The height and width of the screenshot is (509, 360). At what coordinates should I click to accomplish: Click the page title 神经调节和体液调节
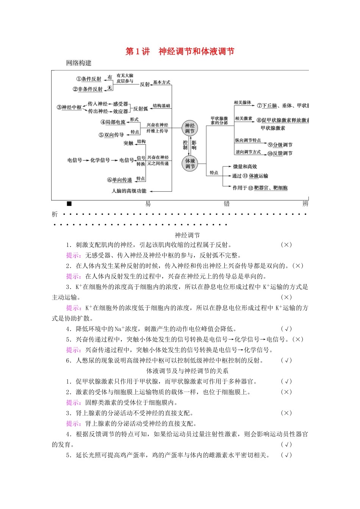click(x=196, y=52)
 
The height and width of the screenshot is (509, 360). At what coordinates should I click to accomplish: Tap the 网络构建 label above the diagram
click(x=79, y=63)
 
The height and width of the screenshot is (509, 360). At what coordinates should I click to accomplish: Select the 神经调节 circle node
click(x=189, y=128)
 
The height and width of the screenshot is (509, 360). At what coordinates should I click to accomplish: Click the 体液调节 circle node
click(x=190, y=164)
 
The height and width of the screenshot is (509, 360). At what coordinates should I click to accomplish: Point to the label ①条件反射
click(x=89, y=79)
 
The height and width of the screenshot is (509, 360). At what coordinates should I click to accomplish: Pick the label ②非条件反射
click(x=88, y=89)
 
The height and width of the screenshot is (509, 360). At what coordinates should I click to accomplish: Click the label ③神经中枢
click(x=69, y=108)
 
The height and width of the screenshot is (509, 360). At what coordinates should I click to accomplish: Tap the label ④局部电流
click(x=113, y=122)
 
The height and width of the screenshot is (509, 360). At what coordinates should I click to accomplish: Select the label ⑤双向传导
click(x=111, y=135)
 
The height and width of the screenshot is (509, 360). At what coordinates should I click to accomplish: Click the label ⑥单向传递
click(x=120, y=180)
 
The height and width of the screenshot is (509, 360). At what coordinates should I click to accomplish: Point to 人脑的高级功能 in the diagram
click(x=129, y=191)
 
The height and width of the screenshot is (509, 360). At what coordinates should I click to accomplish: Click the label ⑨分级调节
click(x=280, y=145)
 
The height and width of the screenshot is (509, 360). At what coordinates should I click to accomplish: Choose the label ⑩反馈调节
click(x=280, y=153)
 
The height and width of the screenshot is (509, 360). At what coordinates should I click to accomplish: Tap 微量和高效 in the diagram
click(x=245, y=167)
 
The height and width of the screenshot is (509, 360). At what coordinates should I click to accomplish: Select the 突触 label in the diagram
click(x=128, y=143)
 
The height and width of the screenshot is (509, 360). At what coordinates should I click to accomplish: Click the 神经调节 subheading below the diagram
click(x=187, y=235)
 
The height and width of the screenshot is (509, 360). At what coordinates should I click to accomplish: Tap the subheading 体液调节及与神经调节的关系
click(x=187, y=371)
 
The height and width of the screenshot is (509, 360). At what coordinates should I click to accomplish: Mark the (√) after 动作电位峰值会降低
click(x=286, y=329)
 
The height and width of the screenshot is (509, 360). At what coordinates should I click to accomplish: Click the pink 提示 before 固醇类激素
click(x=73, y=403)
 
